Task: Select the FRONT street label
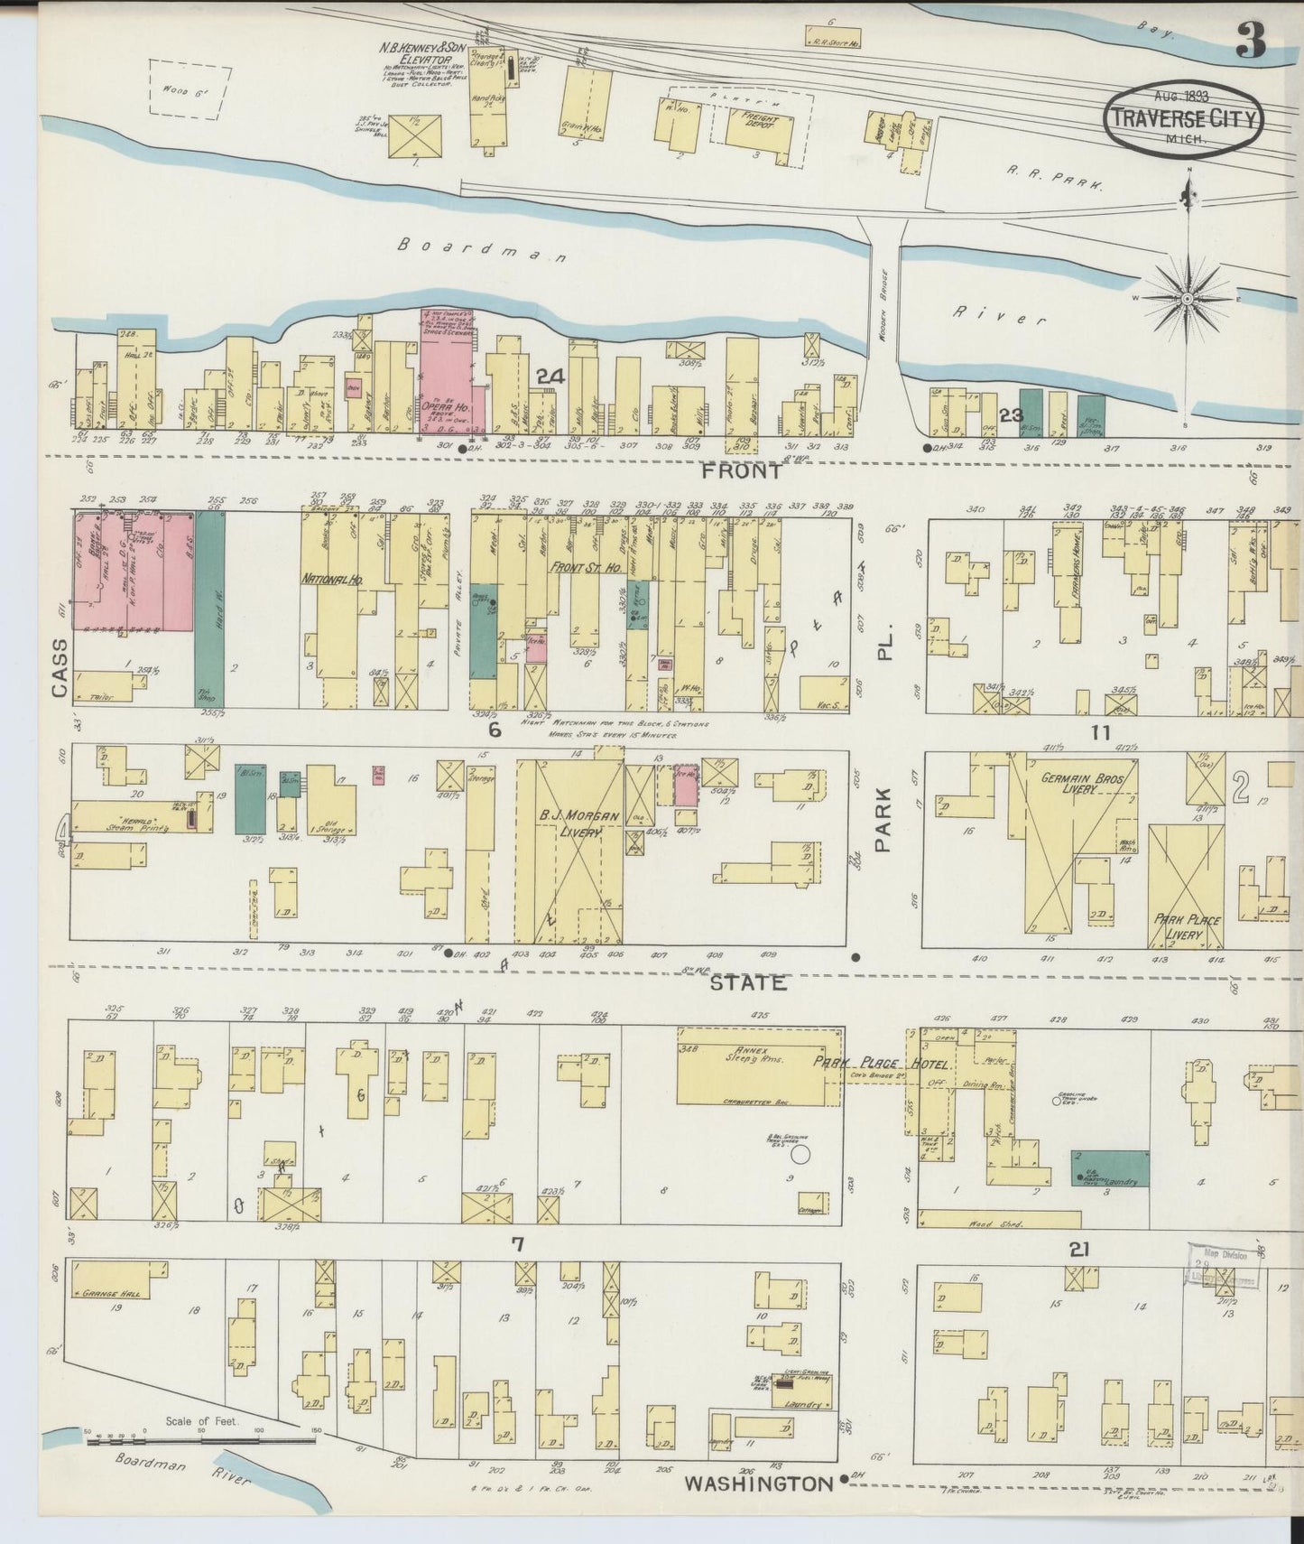click(743, 471)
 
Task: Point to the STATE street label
click(748, 982)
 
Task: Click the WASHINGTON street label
click(758, 1484)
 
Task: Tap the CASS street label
click(60, 668)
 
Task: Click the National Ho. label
click(331, 578)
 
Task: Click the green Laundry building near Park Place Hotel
click(1110, 1167)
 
